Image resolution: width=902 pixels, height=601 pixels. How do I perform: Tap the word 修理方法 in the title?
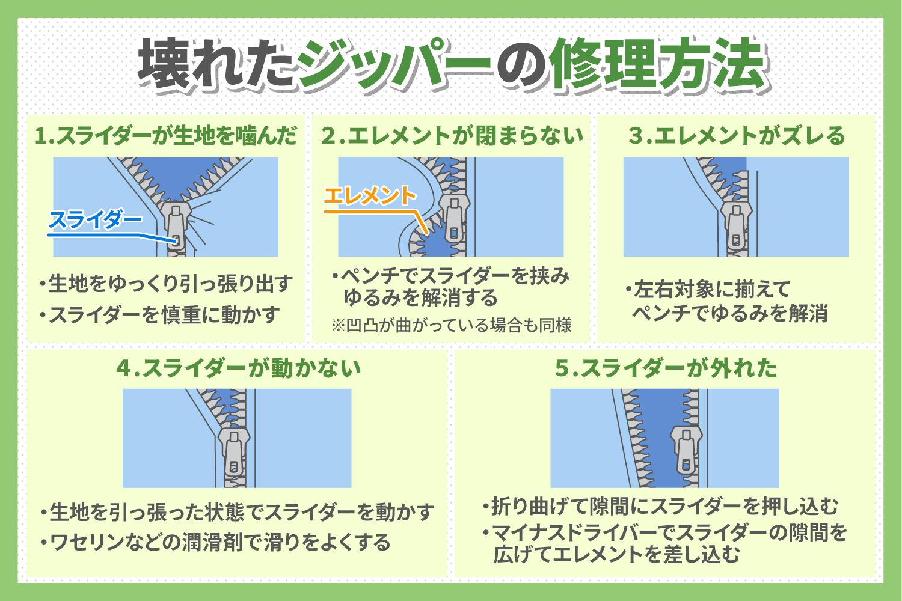[658, 65]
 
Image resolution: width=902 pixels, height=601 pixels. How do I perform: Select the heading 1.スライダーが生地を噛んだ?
[166, 136]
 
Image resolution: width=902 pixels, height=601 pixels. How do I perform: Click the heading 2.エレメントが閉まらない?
[452, 136]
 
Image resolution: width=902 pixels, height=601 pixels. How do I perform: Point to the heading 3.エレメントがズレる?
[737, 136]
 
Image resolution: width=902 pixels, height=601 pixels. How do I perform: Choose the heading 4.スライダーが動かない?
[239, 368]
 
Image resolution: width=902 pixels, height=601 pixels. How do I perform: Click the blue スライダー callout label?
[94, 220]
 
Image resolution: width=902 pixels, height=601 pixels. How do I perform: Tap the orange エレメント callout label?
[369, 196]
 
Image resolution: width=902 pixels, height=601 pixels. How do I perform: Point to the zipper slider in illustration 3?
[736, 225]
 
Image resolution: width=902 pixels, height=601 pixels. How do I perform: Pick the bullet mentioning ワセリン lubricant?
[216, 543]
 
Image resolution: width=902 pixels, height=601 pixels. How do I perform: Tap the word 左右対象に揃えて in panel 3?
[710, 290]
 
